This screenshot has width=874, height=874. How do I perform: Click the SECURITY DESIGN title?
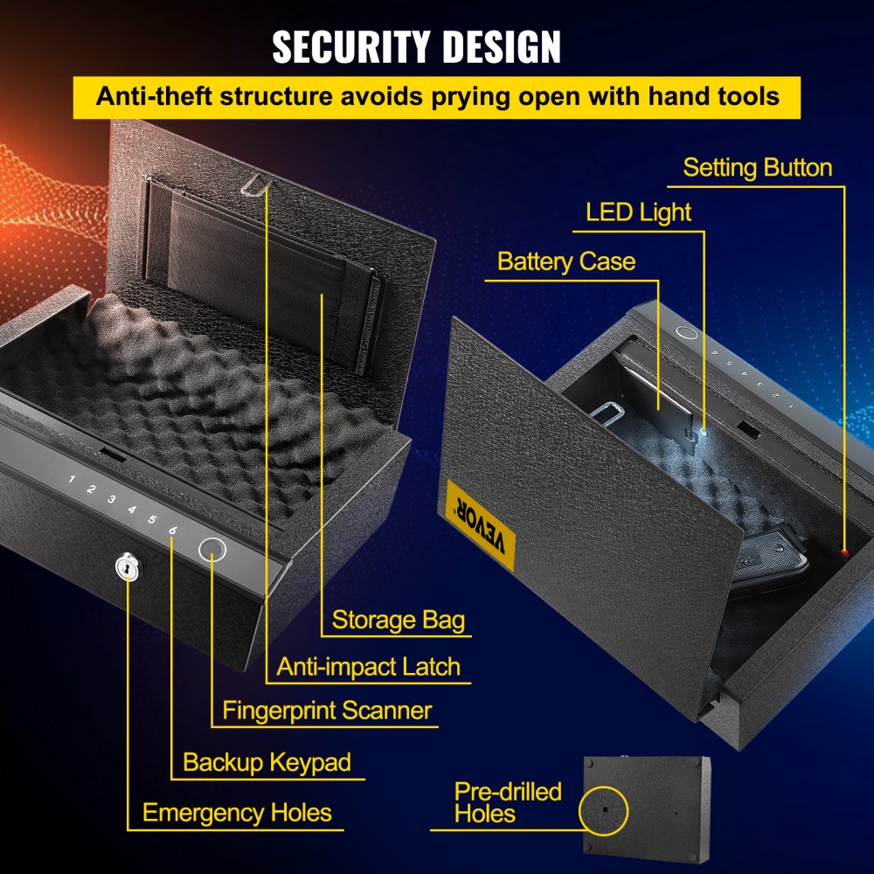(416, 48)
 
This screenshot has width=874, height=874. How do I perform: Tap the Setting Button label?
(757, 168)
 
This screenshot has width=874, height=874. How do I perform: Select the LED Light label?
(638, 212)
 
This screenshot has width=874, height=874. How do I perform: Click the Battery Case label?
(565, 261)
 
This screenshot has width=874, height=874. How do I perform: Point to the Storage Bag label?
(398, 621)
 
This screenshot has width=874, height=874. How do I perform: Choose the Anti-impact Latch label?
(368, 667)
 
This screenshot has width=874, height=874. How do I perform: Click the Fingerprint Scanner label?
(327, 710)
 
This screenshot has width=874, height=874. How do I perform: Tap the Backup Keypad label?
(267, 762)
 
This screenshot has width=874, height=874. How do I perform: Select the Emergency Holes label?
(237, 813)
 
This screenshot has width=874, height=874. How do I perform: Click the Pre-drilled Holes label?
(507, 802)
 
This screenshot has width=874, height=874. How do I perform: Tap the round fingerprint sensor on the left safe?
(213, 550)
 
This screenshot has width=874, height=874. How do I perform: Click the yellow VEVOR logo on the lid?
(480, 524)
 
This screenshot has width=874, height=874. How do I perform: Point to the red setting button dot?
(845, 551)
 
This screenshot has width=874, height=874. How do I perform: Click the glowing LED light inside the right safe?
(703, 427)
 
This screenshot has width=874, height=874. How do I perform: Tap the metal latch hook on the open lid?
(254, 182)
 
